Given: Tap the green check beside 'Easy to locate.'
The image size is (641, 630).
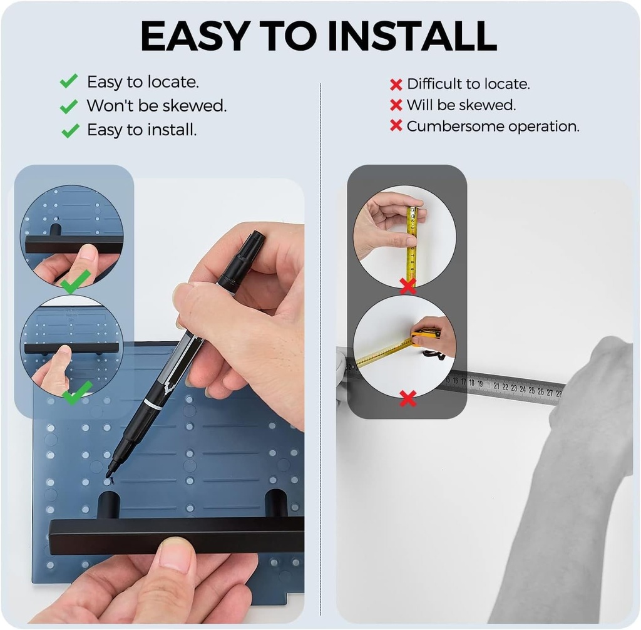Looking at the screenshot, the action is click(x=69, y=81).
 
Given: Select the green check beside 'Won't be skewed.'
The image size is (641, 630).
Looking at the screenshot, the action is click(x=69, y=106).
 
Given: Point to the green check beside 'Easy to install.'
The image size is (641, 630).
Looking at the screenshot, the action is click(x=70, y=130).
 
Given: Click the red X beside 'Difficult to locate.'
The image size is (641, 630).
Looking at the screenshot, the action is click(x=396, y=85).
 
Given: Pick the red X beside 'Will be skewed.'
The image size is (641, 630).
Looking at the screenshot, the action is click(x=396, y=105).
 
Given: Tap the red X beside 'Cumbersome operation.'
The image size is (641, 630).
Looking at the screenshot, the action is click(x=396, y=126).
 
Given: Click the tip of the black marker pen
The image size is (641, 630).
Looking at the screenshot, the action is click(x=109, y=475).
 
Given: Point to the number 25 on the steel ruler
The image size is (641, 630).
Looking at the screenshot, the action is click(x=531, y=390).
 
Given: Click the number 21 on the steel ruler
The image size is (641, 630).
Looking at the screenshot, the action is click(x=496, y=385).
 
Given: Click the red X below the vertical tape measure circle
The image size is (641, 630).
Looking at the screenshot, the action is click(x=408, y=286).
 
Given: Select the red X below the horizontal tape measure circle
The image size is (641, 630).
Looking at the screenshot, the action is click(x=408, y=398).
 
